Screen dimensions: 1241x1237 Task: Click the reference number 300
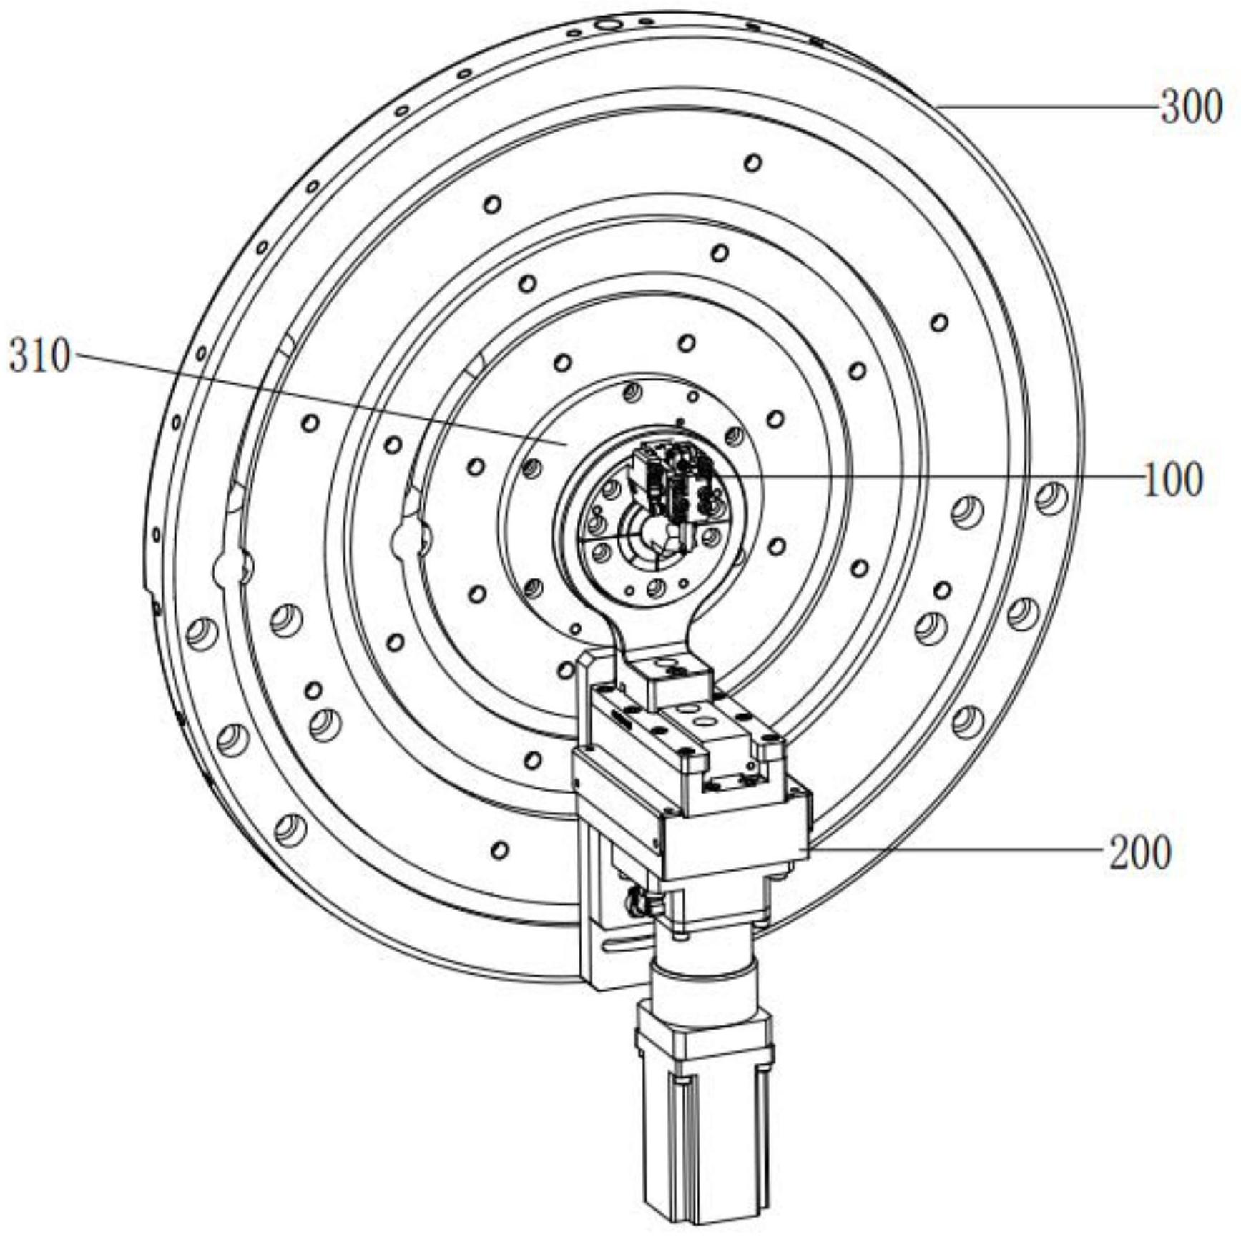[x=1191, y=108]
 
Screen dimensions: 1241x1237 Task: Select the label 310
[x=39, y=355]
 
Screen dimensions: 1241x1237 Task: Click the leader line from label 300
[x=1048, y=107]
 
